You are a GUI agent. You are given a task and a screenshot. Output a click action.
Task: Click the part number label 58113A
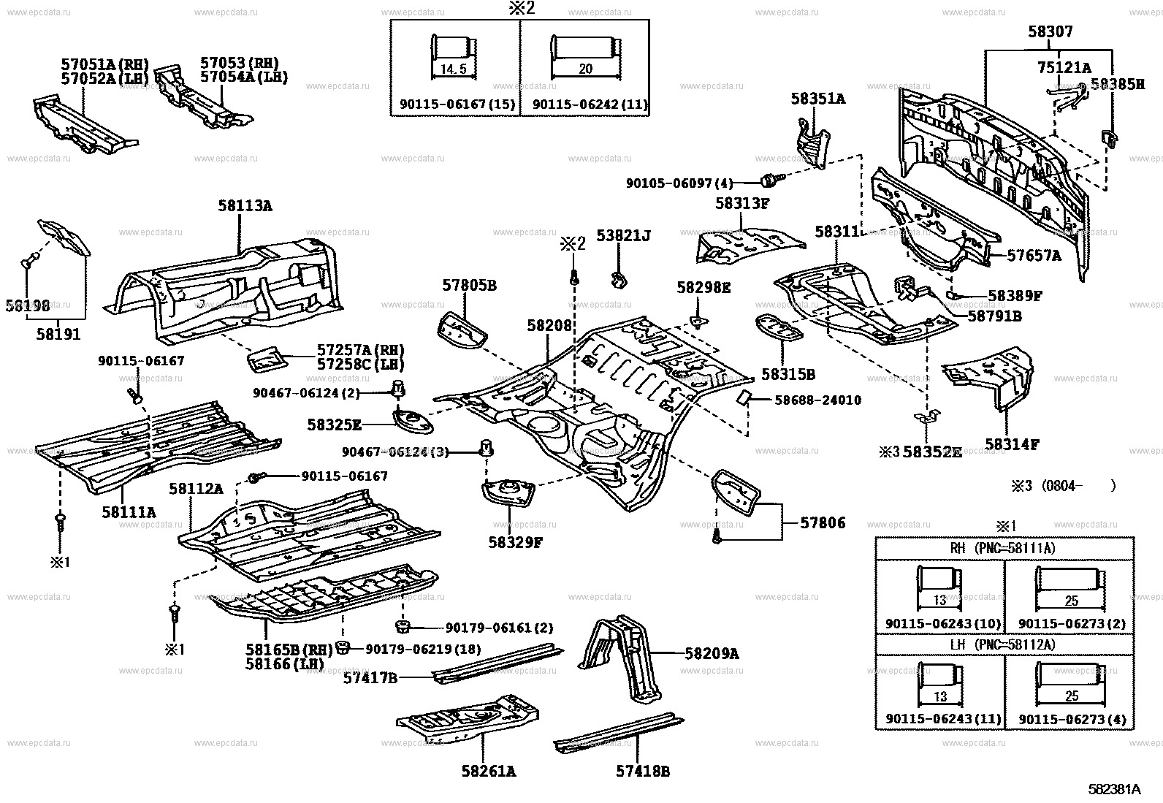point(244,207)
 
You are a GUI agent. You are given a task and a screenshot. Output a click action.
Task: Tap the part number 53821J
point(623,235)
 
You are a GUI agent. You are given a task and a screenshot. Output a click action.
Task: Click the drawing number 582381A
point(1113,789)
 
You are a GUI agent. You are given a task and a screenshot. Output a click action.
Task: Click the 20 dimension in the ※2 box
point(585,69)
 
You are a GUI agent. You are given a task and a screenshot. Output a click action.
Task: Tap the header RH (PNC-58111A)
point(1004,548)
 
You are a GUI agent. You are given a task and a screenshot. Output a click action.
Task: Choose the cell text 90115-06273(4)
point(1072,718)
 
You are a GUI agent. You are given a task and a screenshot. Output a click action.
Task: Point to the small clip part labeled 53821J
point(620,278)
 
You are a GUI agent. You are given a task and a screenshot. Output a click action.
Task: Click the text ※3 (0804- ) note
point(1063,485)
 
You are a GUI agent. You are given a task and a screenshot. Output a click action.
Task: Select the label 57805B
point(469,286)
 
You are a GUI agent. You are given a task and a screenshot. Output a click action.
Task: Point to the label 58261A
point(488,771)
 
